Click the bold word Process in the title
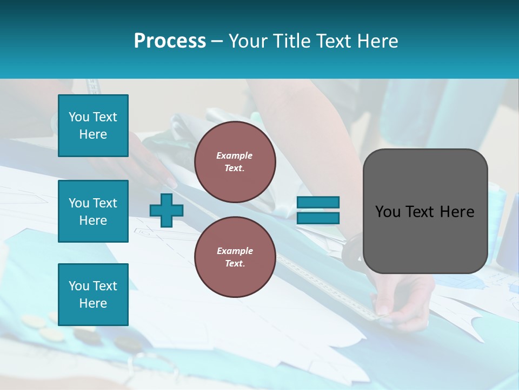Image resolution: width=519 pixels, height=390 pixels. (x=170, y=41)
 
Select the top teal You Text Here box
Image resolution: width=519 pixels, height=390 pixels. (x=93, y=126)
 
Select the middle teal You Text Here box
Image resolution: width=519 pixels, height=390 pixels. (x=93, y=211)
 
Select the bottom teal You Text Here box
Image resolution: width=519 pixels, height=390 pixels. (x=93, y=294)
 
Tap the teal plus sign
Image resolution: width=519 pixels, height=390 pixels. (x=166, y=210)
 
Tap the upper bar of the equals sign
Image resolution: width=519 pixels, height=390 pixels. (x=318, y=203)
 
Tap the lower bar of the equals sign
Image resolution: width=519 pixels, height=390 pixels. (x=318, y=218)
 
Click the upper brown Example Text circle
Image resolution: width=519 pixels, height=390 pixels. (x=235, y=162)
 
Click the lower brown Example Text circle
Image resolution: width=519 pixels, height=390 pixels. (x=235, y=257)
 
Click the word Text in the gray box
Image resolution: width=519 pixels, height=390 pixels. (x=422, y=212)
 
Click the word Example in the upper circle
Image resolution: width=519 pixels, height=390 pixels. (x=235, y=155)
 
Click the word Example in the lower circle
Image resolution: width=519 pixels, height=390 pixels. (x=235, y=251)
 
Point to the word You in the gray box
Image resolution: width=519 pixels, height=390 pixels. (x=387, y=212)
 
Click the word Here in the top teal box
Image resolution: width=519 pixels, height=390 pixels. (x=93, y=134)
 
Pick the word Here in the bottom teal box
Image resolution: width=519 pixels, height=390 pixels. (x=93, y=303)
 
